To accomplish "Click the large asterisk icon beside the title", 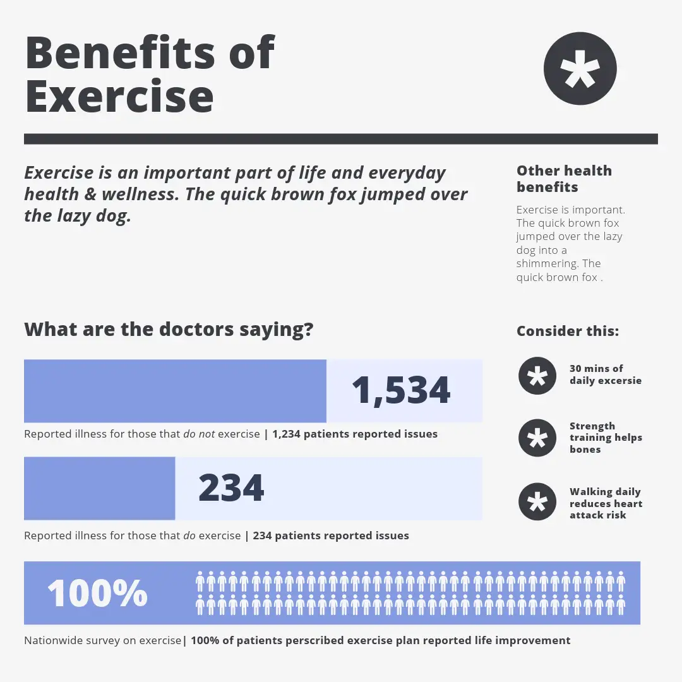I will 580,68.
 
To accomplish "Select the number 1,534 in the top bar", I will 401,390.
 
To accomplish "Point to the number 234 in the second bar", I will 231,488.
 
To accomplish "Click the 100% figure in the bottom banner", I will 97,593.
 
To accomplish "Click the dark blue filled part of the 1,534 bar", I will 175,391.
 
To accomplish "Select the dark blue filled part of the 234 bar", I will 99,488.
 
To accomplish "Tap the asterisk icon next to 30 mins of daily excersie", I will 537,376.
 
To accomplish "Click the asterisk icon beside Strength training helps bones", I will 537,438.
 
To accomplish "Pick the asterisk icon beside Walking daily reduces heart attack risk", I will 537,503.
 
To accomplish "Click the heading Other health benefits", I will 564,179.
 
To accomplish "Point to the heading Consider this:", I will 568,331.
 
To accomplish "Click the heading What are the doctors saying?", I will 169,329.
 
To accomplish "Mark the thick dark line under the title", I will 341,139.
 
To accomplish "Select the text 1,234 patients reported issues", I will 355,434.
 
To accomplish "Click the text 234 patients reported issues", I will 331,535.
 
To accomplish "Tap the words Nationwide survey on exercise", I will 102,640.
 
